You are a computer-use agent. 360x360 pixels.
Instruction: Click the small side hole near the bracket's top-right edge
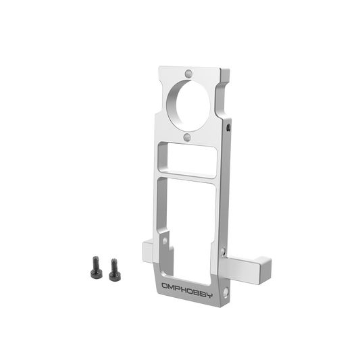[230, 126]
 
